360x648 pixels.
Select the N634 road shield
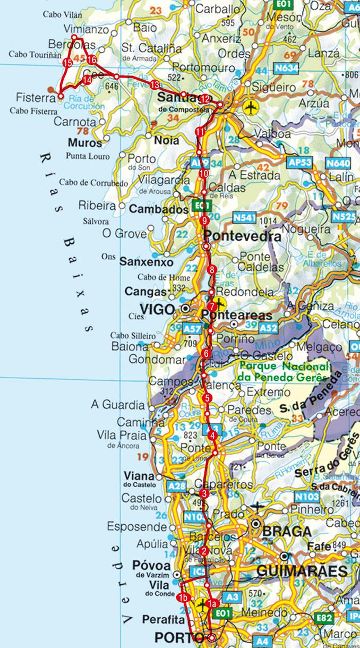pos(287,68)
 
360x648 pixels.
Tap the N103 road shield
pos(307,495)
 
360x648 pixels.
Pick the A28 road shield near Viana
pos(176,486)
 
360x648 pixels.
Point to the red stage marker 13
pos(155,85)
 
